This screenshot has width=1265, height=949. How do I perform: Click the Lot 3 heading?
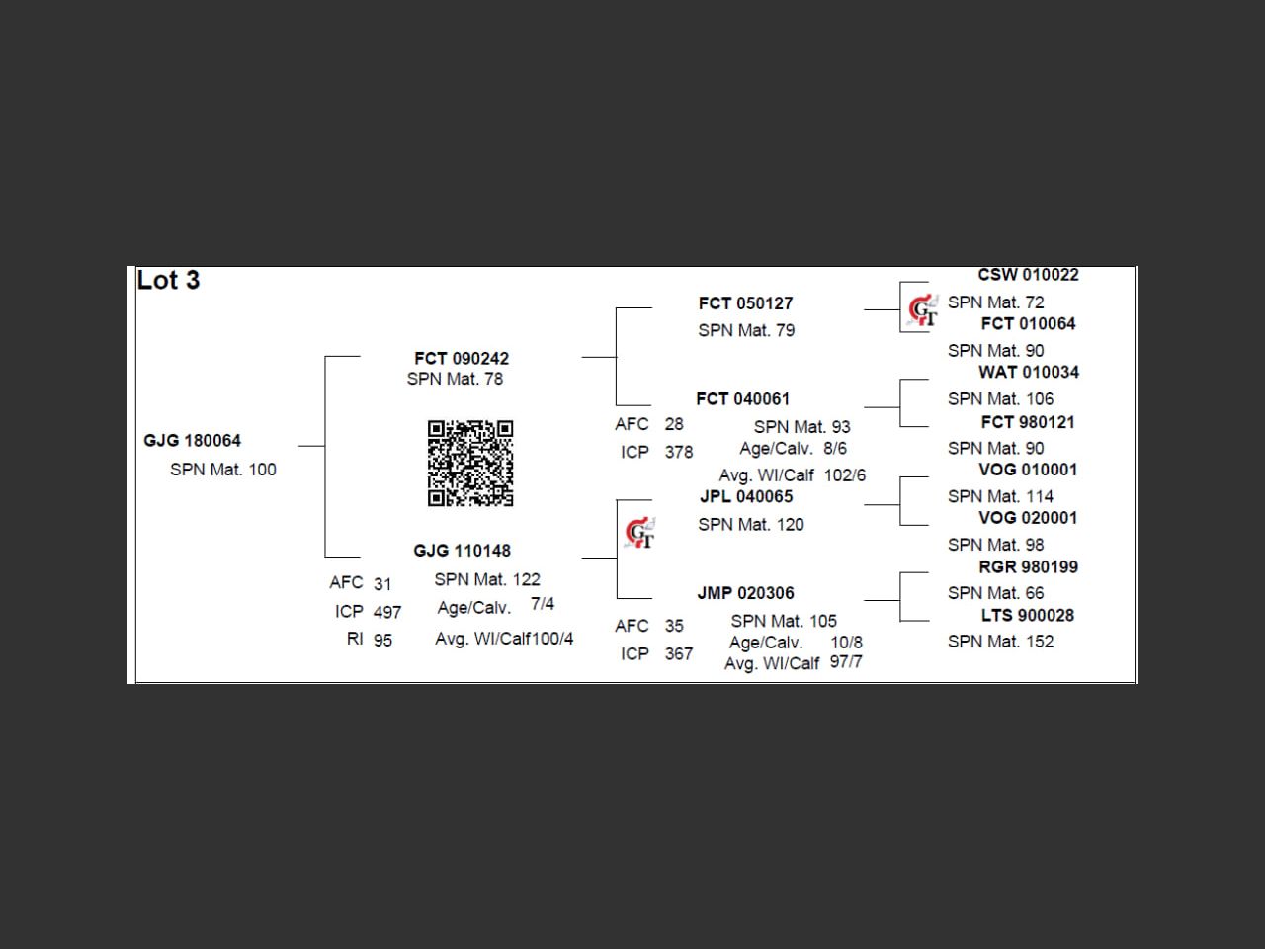point(168,281)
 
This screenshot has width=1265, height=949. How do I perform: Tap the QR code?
point(470,463)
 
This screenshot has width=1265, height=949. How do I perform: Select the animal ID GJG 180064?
point(192,441)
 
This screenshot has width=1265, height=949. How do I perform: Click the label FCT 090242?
point(462,358)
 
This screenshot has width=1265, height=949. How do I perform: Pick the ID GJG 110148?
point(462,551)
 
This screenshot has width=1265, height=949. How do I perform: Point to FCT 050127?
point(745,303)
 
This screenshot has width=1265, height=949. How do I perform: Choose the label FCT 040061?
point(742,399)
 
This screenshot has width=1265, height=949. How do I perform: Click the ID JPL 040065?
point(746,496)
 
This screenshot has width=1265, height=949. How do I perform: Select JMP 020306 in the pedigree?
point(745,593)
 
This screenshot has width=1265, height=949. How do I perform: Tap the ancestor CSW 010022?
point(1028,275)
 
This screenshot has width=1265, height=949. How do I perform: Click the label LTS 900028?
point(1027,615)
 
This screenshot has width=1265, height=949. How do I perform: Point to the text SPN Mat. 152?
point(1000,642)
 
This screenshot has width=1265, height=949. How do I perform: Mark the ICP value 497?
point(387,612)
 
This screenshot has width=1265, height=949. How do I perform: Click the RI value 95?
point(382,641)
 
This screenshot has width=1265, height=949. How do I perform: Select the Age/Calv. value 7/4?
point(543,604)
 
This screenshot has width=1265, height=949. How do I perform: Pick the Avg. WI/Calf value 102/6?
point(844,475)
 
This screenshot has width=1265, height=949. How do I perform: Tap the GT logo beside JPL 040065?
point(639,533)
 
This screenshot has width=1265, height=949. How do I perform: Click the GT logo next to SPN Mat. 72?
point(923,309)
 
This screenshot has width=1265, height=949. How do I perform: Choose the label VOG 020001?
point(1027,518)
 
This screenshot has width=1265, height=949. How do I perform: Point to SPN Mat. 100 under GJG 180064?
point(222,470)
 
